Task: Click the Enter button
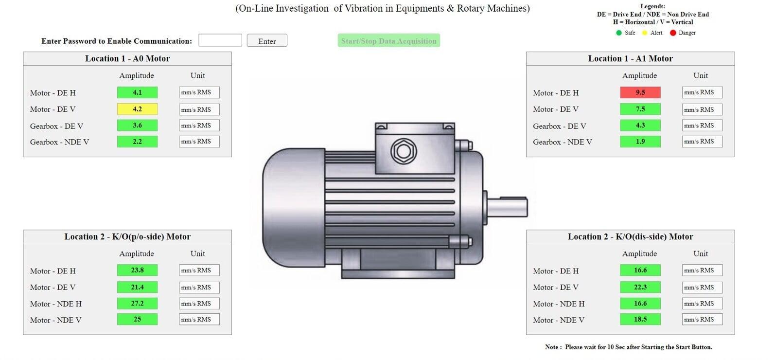(267, 41)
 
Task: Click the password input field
(220, 40)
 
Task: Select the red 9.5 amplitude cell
(640, 92)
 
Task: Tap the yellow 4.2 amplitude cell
(137, 109)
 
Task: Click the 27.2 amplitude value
(137, 304)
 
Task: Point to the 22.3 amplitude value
(640, 287)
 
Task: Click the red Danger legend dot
(673, 33)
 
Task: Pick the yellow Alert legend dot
(645, 33)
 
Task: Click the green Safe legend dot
(619, 33)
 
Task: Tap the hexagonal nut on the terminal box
(404, 151)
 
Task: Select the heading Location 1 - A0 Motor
(127, 59)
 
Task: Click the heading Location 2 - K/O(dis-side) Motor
(630, 237)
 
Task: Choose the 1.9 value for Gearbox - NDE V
(640, 142)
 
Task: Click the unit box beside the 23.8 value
(199, 270)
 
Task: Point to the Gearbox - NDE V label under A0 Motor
(59, 142)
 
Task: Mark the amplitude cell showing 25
(137, 320)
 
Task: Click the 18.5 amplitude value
(640, 320)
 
